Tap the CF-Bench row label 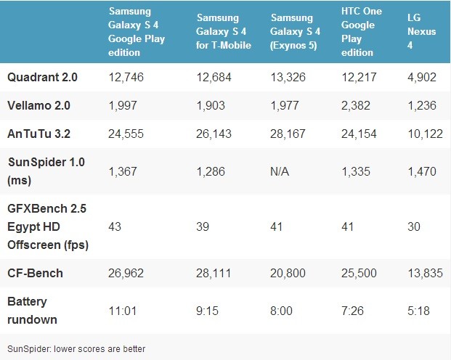35,274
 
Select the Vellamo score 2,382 356,105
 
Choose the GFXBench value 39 203,226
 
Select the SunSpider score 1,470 422,171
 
